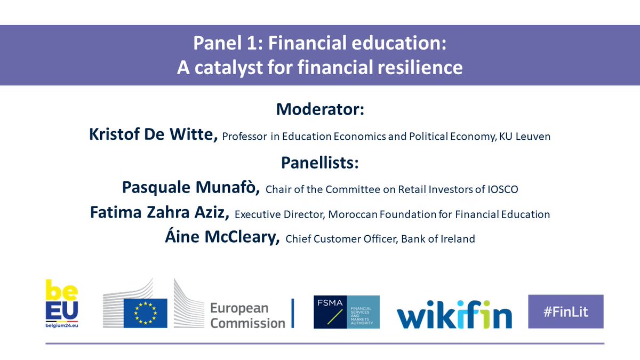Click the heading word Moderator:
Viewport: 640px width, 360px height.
click(320, 110)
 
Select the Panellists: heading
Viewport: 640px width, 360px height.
click(320, 162)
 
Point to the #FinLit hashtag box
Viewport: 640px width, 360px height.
click(565, 311)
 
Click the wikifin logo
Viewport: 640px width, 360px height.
click(454, 313)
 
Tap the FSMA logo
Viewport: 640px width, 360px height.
click(347, 312)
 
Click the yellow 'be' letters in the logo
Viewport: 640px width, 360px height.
click(61, 290)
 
